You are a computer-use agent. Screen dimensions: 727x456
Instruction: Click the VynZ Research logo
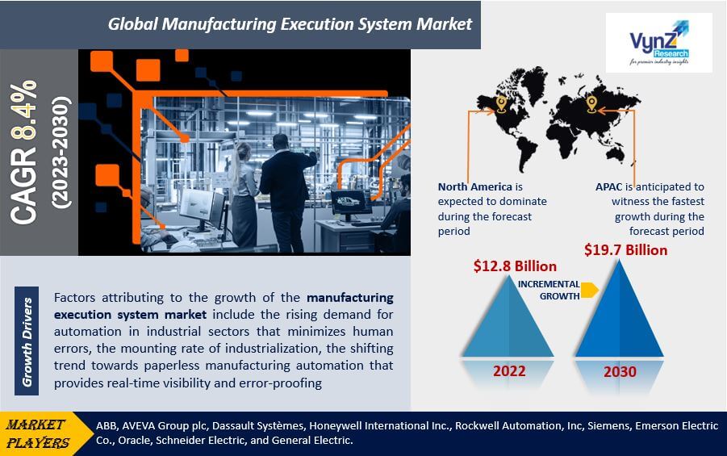(x=659, y=43)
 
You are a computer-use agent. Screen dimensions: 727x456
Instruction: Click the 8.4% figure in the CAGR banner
(x=23, y=110)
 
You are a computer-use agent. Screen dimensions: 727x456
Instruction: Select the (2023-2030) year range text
(x=61, y=153)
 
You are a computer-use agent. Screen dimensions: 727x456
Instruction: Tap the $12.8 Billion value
(x=515, y=266)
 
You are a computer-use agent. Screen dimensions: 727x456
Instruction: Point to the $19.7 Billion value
(x=626, y=250)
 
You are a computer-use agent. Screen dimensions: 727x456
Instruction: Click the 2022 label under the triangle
(x=509, y=371)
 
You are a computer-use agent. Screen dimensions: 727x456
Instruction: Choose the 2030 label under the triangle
(x=620, y=371)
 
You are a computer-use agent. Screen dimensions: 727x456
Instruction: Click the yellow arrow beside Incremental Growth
(x=590, y=290)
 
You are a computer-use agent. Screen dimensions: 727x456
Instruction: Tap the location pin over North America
(x=501, y=104)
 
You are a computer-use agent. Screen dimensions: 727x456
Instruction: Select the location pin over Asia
(x=591, y=104)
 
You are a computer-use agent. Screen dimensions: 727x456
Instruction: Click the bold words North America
(x=474, y=187)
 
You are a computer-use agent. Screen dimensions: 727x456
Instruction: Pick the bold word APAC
(x=608, y=187)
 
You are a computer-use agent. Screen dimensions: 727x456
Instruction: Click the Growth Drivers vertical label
(x=27, y=342)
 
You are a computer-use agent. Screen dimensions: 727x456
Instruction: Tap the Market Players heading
(x=36, y=433)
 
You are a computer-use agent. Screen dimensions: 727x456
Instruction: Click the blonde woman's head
(x=243, y=153)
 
